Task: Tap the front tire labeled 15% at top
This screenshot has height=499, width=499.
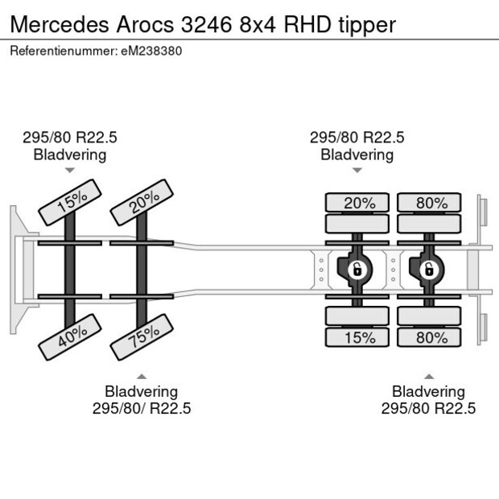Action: click(x=71, y=202)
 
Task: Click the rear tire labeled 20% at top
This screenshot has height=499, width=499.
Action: click(x=359, y=203)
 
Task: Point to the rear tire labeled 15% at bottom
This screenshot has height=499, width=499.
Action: click(x=359, y=338)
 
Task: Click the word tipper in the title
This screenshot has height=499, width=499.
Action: click(x=366, y=24)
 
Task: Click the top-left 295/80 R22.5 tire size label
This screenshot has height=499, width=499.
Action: click(x=69, y=138)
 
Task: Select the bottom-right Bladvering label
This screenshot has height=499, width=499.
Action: click(x=428, y=391)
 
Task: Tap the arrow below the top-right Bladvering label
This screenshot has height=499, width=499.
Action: click(x=357, y=171)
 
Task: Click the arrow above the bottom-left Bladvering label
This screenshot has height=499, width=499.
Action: click(x=142, y=376)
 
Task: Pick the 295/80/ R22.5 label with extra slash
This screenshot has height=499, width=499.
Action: click(x=142, y=408)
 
